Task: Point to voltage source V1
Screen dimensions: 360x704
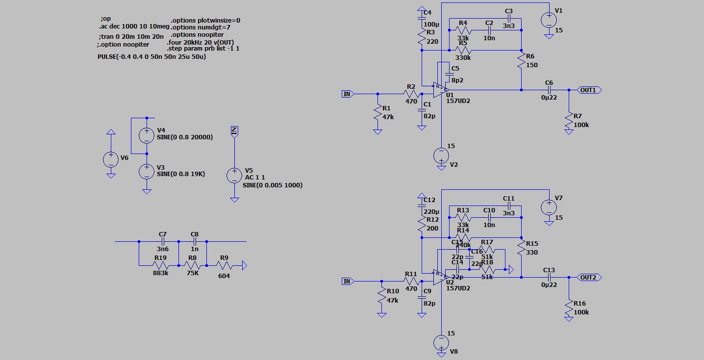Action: pos(549,20)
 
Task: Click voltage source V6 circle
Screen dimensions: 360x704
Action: pos(111,159)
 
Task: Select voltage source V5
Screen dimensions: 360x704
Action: pos(234,176)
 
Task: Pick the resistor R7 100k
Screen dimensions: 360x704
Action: pos(569,122)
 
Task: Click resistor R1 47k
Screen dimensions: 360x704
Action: pos(377,113)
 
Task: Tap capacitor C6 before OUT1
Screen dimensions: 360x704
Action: pos(549,90)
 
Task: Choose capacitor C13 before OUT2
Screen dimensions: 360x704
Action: pos(549,278)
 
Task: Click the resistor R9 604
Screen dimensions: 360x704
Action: pos(224,266)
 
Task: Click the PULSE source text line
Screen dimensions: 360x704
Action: pos(151,57)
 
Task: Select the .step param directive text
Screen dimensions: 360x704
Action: pos(203,49)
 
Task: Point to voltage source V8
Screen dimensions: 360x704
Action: pos(441,342)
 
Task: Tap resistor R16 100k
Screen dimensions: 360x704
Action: pos(569,309)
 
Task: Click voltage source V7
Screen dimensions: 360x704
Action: pos(549,207)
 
